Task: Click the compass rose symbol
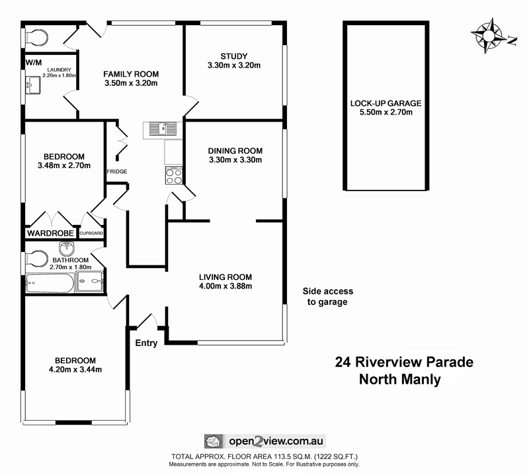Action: pos(490,35)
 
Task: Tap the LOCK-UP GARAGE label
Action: pos(386,107)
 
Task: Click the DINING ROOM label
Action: pos(235,155)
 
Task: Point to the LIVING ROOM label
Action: pos(225,281)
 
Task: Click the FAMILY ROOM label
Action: pos(131,79)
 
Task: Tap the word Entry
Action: pos(146,343)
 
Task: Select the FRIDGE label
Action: pos(117,172)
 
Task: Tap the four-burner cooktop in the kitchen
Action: pos(174,176)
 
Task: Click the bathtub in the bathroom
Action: pos(49,283)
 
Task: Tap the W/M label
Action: pos(34,62)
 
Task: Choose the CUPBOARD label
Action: pos(91,234)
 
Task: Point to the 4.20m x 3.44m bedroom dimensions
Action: pos(75,369)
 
